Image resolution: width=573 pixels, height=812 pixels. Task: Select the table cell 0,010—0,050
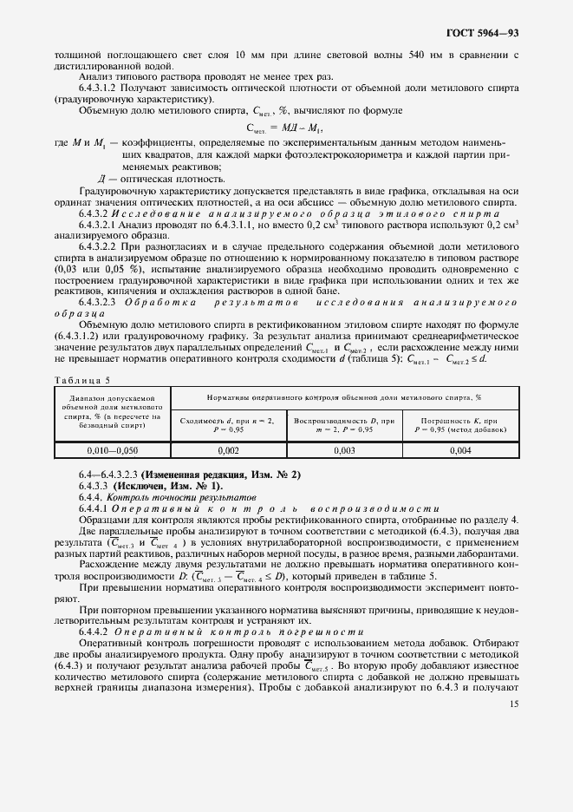pos(113,450)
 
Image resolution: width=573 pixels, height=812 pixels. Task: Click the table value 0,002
pos(229,450)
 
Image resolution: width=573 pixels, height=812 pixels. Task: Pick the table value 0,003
pos(344,450)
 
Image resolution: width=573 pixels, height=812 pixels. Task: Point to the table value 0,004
pos(460,450)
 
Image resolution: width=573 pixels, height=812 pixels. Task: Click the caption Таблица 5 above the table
pos(82,378)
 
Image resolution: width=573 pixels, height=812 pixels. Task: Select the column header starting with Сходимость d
pos(228,423)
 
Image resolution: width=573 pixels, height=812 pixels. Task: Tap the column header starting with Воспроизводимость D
pos(344,423)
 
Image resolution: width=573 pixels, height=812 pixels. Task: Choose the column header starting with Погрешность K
pos(460,423)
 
